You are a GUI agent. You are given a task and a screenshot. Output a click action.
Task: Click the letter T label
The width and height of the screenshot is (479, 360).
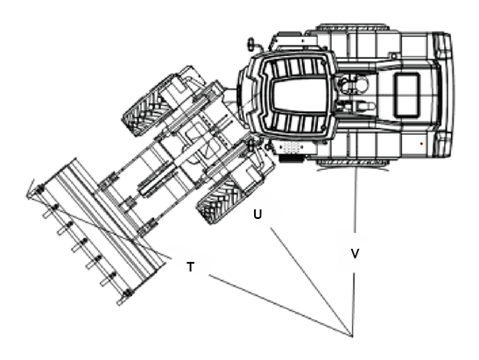tap(190, 267)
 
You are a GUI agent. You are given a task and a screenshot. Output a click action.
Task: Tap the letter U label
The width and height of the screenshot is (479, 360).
tap(257, 215)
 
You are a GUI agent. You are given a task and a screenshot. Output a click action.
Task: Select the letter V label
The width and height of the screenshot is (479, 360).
tap(355, 253)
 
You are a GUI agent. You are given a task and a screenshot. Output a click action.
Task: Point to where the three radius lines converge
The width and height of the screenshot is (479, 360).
tap(352, 336)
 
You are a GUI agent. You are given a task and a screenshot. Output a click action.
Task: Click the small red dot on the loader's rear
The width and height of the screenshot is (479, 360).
tap(421, 144)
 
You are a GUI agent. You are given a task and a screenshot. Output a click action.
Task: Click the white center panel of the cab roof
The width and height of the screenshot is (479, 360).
tap(300, 95)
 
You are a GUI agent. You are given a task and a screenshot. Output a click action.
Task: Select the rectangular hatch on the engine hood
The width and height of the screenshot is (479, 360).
tap(407, 95)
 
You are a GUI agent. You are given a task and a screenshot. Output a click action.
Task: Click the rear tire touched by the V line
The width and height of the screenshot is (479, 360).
tap(353, 163)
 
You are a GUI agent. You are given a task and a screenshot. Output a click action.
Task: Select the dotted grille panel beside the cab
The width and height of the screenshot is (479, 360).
tap(291, 147)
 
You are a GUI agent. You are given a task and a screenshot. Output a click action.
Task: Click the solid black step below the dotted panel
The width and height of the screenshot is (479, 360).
tap(292, 159)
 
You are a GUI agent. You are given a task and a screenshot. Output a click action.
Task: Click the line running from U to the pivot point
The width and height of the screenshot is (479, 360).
tap(311, 281)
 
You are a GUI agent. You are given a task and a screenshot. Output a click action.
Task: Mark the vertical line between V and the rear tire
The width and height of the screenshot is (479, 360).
tap(355, 199)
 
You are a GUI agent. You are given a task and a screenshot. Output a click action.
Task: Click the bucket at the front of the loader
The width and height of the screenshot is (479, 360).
tap(95, 232)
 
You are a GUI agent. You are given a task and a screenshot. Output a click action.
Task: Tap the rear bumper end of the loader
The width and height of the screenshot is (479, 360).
tap(445, 95)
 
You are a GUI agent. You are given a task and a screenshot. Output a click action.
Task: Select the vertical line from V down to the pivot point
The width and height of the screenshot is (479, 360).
tap(354, 305)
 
